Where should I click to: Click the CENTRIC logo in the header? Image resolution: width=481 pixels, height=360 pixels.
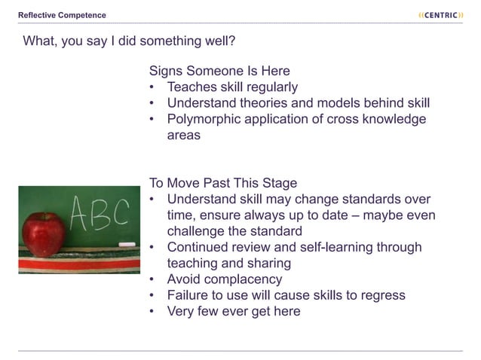click(440, 14)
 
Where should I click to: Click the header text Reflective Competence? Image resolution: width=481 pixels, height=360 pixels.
click(63, 15)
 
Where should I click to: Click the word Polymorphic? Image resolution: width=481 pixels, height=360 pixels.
click(206, 119)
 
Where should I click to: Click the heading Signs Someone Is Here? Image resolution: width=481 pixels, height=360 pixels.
click(219, 71)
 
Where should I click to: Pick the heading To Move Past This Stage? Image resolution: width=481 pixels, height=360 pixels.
click(222, 183)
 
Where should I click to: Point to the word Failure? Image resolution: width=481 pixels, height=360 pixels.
click(190, 295)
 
